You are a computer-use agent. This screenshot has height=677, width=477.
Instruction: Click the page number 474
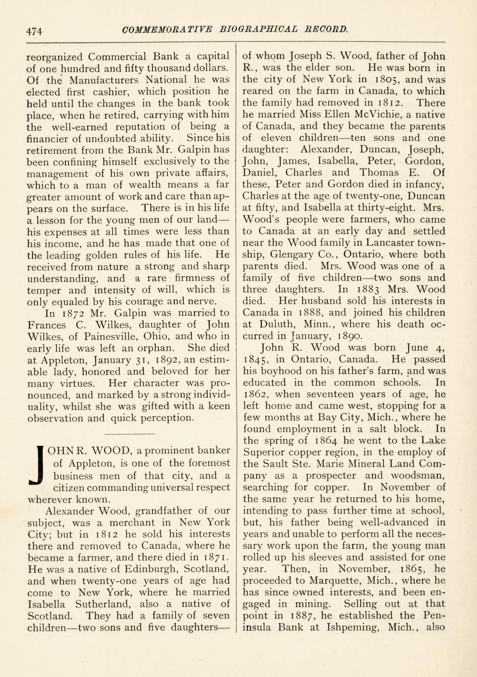35,31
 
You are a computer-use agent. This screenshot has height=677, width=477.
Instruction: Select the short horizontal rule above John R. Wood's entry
130,434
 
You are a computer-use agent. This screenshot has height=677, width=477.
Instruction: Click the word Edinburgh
153,569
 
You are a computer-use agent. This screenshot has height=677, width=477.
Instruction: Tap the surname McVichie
377,115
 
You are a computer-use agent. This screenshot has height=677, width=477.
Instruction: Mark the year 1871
213,557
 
